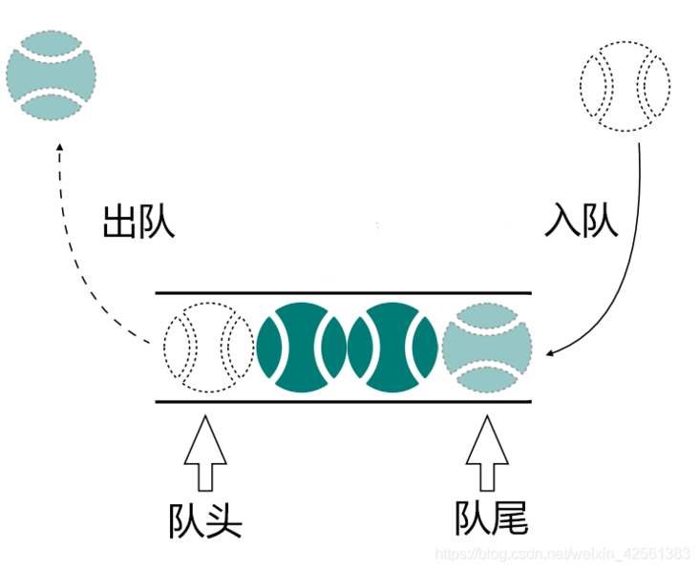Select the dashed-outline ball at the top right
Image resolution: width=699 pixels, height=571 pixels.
(625, 87)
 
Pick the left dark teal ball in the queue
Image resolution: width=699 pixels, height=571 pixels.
(301, 347)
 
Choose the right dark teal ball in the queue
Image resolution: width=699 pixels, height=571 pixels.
(393, 347)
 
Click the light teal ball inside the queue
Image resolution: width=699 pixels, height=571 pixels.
(487, 347)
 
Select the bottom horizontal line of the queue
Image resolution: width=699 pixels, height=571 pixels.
(344, 402)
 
